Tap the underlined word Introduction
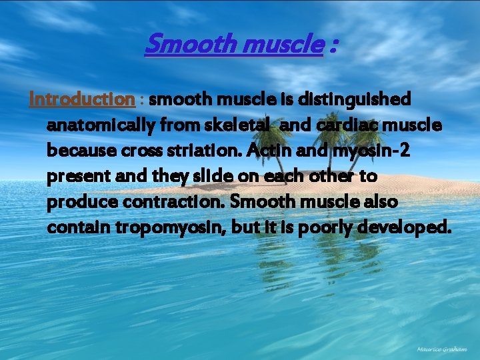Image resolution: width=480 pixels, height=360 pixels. point(82,99)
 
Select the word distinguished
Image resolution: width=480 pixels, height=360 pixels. point(361,99)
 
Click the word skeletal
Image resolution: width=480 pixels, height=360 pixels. point(243,125)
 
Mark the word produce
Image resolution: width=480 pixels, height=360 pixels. point(77,202)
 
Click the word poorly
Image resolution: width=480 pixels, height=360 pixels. point(328,228)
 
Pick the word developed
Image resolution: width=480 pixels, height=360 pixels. point(408,228)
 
